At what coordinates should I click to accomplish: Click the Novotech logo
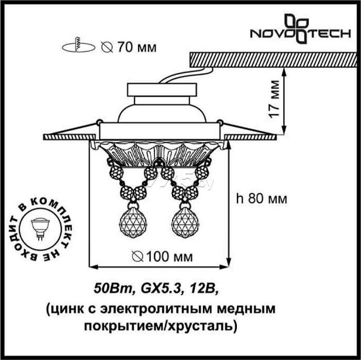click(300, 29)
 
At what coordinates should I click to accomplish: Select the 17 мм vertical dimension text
click(274, 99)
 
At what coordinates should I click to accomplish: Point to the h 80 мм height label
click(262, 199)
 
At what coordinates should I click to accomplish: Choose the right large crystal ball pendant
click(185, 222)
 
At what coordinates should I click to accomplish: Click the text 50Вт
click(113, 289)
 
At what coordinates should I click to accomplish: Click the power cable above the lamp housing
click(186, 75)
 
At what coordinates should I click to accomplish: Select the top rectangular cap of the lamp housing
click(162, 90)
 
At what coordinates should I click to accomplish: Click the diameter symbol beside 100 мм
click(137, 256)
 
